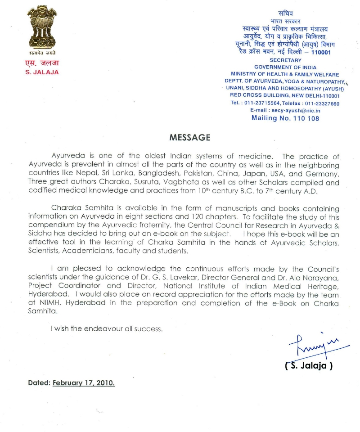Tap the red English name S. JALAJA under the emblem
[x=42, y=72]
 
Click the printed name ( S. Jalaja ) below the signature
[x=309, y=366]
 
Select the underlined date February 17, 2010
[x=84, y=384]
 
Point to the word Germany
[x=322, y=174]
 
